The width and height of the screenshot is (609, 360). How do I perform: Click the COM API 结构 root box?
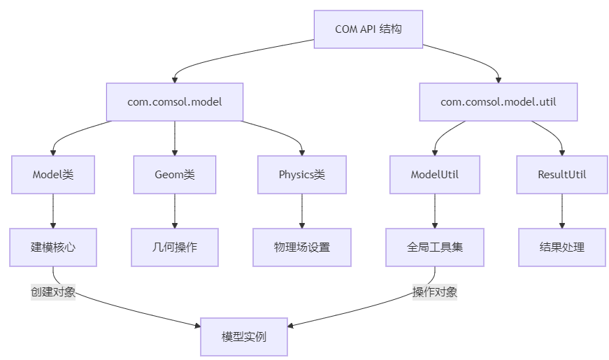pyautogui.click(x=368, y=29)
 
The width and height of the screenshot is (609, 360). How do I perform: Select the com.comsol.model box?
pyautogui.click(x=174, y=102)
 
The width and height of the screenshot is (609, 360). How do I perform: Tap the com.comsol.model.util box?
pyautogui.click(x=498, y=102)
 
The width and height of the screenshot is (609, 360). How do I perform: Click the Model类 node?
pyautogui.click(x=53, y=175)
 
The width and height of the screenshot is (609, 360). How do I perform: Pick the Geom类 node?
pyautogui.click(x=175, y=175)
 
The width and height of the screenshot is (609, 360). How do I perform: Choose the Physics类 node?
pyautogui.click(x=301, y=175)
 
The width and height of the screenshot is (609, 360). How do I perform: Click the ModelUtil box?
pyautogui.click(x=435, y=175)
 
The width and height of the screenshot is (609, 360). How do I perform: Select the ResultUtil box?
pyautogui.click(x=562, y=175)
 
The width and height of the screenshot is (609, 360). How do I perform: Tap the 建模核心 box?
pyautogui.click(x=53, y=247)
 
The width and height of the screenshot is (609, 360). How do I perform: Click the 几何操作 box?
pyautogui.click(x=175, y=247)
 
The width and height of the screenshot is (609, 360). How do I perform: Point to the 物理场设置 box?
pyautogui.click(x=301, y=247)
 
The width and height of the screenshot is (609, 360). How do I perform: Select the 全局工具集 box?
pyautogui.click(x=435, y=247)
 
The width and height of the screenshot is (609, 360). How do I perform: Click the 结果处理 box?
pyautogui.click(x=562, y=247)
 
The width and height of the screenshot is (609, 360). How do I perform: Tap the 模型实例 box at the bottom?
pyautogui.click(x=243, y=337)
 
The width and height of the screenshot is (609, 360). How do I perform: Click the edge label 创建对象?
pyautogui.click(x=53, y=292)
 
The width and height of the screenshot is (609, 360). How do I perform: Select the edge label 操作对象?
pyautogui.click(x=435, y=292)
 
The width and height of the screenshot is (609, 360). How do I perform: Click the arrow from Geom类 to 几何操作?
pyautogui.click(x=175, y=210)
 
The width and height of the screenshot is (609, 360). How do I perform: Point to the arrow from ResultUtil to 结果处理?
pyautogui.click(x=562, y=210)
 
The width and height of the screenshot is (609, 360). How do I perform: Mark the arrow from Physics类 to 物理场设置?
pyautogui.click(x=301, y=210)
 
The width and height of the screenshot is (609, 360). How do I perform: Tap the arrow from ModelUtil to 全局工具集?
pyautogui.click(x=435, y=210)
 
